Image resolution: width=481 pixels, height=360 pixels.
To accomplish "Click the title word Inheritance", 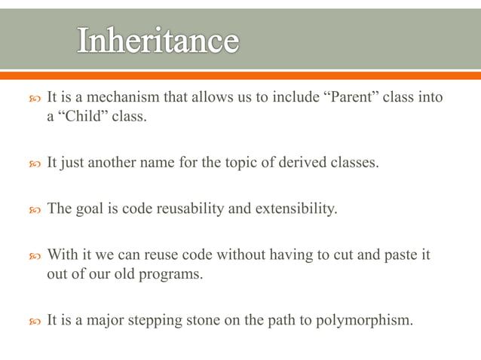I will pyautogui.click(x=158, y=41).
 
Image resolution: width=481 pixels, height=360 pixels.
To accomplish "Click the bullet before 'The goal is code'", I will pyautogui.click(x=33, y=209).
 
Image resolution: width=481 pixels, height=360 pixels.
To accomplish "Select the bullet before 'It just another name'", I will pyautogui.click(x=33, y=163).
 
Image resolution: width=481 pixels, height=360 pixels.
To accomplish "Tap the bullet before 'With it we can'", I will pyautogui.click(x=33, y=255).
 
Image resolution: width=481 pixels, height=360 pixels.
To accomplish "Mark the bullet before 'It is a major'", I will pyautogui.click(x=33, y=321).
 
